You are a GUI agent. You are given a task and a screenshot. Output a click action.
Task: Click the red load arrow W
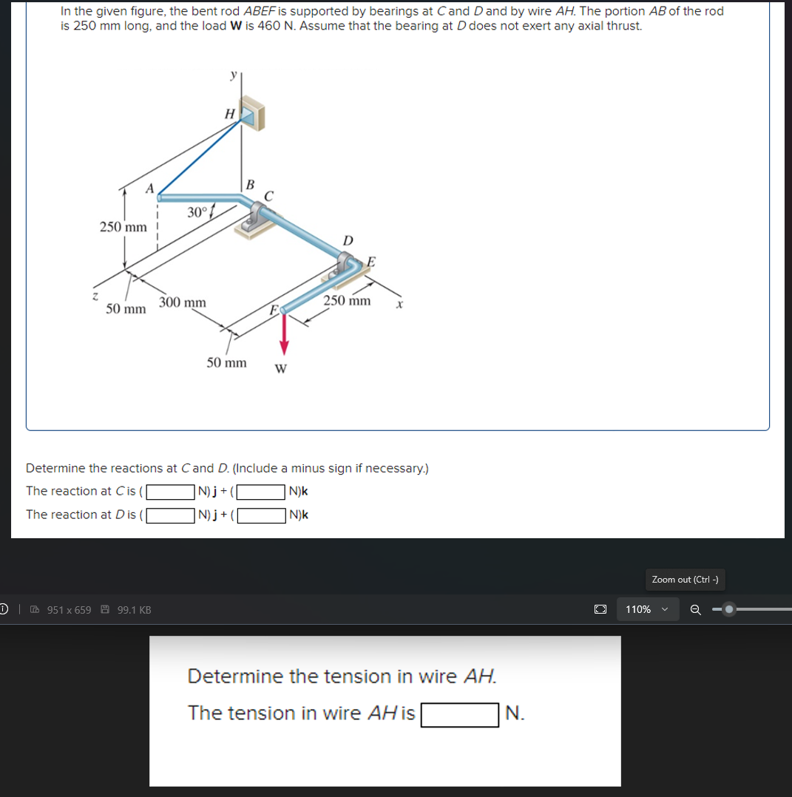[283, 332]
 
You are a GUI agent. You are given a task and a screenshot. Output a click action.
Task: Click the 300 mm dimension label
[183, 302]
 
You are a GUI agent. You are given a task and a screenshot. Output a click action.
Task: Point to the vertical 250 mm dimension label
[123, 226]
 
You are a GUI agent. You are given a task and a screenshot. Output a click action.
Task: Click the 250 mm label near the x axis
[347, 300]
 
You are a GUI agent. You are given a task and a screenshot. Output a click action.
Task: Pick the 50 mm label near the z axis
[126, 308]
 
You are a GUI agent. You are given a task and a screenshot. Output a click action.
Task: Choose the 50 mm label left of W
[226, 362]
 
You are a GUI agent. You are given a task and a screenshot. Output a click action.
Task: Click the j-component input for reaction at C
[170, 492]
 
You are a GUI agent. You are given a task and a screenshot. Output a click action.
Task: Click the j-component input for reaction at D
[170, 515]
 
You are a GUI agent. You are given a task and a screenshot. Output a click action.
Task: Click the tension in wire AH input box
[459, 714]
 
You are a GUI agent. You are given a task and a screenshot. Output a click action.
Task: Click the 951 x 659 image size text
[69, 610]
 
